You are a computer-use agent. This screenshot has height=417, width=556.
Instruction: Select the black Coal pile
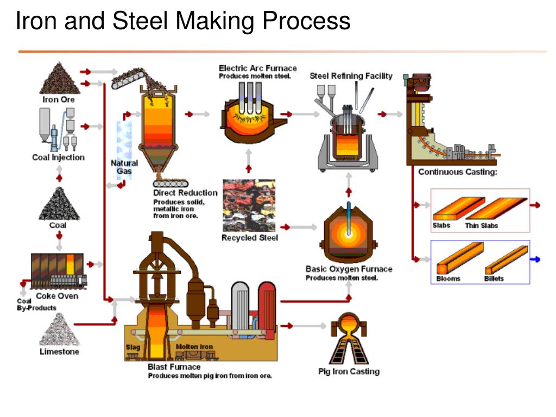(x=59, y=204)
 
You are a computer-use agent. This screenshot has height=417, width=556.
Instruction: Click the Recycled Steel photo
(x=249, y=205)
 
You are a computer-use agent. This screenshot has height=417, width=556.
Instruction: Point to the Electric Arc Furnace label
(x=258, y=68)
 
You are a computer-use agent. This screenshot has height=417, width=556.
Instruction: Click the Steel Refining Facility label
(x=351, y=76)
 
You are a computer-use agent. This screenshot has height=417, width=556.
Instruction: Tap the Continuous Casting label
(x=457, y=172)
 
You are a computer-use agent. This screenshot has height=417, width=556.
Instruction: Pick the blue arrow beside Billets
(x=535, y=260)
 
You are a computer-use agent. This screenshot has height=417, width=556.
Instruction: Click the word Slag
(x=132, y=347)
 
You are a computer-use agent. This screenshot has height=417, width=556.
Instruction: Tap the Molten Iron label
(x=194, y=346)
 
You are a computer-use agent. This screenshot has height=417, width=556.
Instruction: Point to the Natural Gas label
(x=124, y=167)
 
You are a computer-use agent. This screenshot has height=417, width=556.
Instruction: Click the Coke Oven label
(x=57, y=296)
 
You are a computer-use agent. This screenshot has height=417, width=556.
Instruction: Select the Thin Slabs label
(x=482, y=225)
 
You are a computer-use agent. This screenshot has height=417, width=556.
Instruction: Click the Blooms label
(x=448, y=279)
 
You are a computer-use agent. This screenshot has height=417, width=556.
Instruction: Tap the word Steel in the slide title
(x=140, y=21)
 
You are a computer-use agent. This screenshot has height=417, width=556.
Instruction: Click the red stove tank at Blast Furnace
(x=267, y=308)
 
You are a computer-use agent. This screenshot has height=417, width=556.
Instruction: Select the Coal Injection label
(x=59, y=157)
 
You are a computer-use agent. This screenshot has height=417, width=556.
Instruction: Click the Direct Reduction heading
(x=185, y=193)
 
